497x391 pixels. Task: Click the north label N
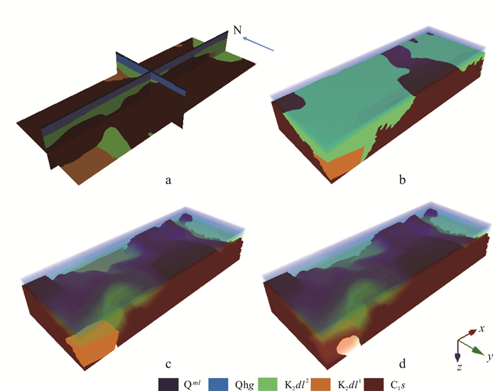click(237, 30)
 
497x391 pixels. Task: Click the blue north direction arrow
click(258, 44)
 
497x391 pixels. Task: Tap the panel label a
click(168, 181)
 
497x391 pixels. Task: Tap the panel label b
click(403, 180)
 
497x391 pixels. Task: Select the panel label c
click(168, 364)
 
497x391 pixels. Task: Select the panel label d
click(403, 363)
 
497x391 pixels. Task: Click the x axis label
click(482, 328)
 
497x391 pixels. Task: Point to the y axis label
click(490, 357)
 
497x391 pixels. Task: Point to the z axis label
click(459, 368)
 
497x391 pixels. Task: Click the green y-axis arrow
click(471, 348)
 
